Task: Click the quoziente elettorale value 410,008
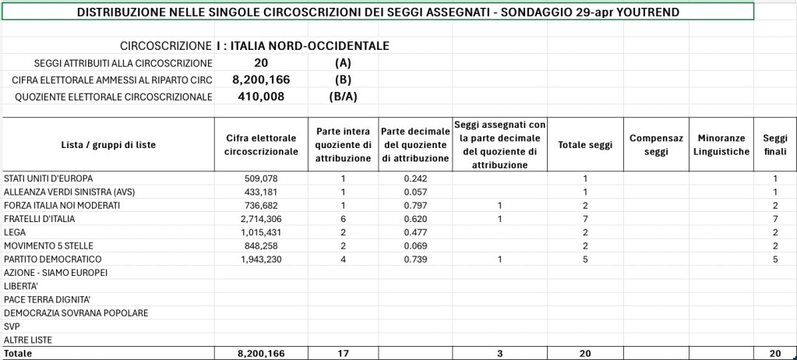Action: click(261, 97)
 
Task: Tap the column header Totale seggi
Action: click(585, 144)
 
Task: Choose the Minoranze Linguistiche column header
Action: click(721, 144)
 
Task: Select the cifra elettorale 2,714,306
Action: click(261, 218)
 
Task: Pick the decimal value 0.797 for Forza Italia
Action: click(415, 205)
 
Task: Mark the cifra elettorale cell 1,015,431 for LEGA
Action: click(261, 232)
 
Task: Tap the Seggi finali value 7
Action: click(775, 218)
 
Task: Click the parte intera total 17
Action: click(343, 354)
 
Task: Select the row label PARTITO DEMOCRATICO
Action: click(52, 259)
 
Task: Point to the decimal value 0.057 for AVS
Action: click(415, 192)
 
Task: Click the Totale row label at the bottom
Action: click(19, 354)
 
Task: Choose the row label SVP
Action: click(12, 326)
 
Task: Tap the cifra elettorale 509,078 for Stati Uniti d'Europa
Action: click(261, 178)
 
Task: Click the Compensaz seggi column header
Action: click(656, 144)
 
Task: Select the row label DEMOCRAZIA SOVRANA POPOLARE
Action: click(76, 312)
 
